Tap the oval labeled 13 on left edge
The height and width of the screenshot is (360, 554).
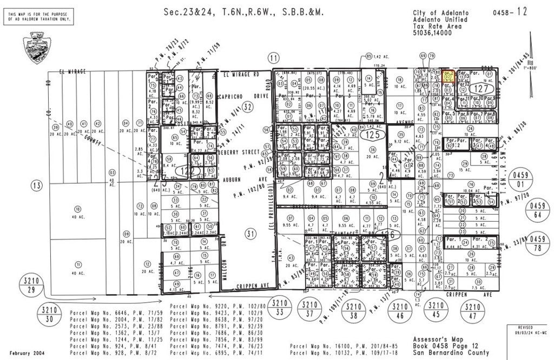point(37,186)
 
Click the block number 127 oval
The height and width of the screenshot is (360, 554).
point(480,88)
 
